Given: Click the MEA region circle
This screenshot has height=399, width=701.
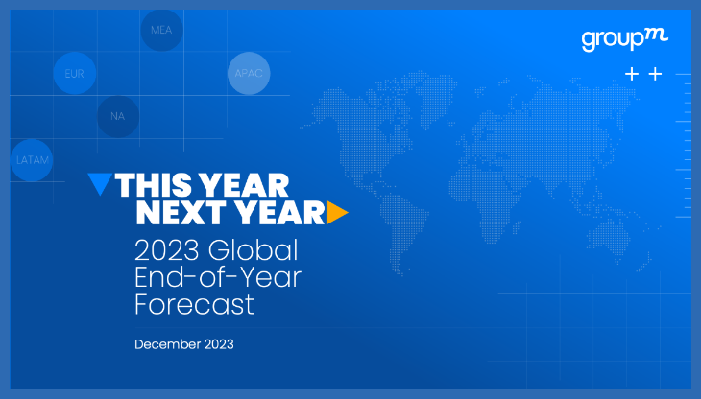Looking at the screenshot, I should pyautogui.click(x=160, y=30).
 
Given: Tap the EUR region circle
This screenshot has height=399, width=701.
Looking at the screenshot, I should pyautogui.click(x=74, y=73).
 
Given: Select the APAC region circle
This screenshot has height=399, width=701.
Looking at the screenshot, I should pyautogui.click(x=248, y=73).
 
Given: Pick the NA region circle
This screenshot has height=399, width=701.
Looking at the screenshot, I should pyautogui.click(x=117, y=116).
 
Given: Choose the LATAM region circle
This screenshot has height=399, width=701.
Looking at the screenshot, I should pyautogui.click(x=32, y=159).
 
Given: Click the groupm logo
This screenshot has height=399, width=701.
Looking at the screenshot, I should pyautogui.click(x=624, y=39).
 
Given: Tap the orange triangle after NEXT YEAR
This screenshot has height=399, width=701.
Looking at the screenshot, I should pyautogui.click(x=336, y=213).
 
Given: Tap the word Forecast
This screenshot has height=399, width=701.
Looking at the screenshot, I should pyautogui.click(x=194, y=305).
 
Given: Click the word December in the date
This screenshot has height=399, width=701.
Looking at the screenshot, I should pyautogui.click(x=168, y=343).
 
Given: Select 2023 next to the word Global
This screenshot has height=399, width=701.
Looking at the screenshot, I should pyautogui.click(x=167, y=251).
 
